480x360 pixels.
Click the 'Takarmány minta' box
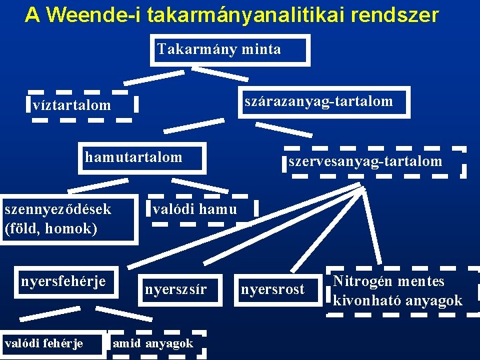pyautogui.click(x=229, y=50)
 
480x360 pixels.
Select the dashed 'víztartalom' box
pyautogui.click(x=83, y=105)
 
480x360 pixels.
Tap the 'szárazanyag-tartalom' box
pyautogui.click(x=324, y=102)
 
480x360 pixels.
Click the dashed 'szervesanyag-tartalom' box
pyautogui.click(x=373, y=161)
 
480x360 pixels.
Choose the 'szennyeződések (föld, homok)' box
pyautogui.click(x=67, y=219)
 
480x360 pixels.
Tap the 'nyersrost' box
pyautogui.click(x=272, y=289)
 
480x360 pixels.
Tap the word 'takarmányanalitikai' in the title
pyautogui.click(x=241, y=15)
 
